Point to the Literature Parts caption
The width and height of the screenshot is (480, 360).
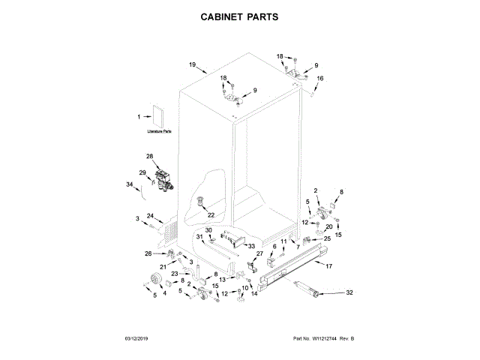(158, 132)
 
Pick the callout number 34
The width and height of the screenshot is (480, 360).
(130, 184)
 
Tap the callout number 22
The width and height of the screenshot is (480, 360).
(211, 215)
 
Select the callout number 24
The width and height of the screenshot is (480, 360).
(150, 216)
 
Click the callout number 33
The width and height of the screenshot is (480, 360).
(252, 246)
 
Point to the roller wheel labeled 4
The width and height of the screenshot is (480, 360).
(157, 280)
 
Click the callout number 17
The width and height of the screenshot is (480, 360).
(328, 266)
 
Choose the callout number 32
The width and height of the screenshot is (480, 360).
(348, 292)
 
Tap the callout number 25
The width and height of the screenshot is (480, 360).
(327, 238)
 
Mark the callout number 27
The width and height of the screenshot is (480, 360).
(260, 254)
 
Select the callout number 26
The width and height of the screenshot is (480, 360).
(148, 253)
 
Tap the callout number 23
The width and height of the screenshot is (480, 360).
(174, 274)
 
